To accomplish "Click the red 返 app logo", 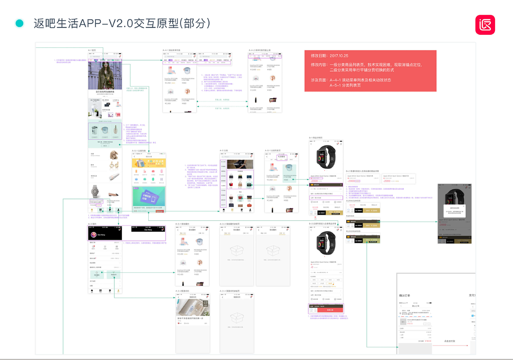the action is click(x=485, y=25).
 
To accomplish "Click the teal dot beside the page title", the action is click(x=19, y=23).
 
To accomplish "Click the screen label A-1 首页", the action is click(x=92, y=50).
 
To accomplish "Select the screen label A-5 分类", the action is click(x=224, y=151).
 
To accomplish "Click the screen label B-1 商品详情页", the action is click(x=315, y=137).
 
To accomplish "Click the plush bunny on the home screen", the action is click(x=114, y=154).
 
